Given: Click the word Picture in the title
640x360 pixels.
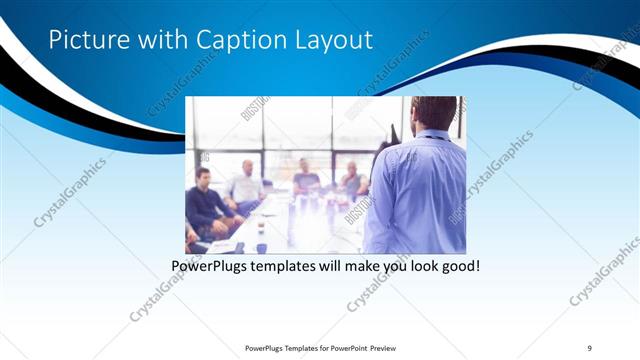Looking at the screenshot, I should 87,40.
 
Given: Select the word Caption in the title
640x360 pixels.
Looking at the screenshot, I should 236,40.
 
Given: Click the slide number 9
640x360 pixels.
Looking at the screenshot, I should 590,348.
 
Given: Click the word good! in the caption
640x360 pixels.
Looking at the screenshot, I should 459,267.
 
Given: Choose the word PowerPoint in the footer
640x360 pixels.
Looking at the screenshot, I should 346,348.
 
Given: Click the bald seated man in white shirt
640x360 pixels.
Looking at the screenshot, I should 244,186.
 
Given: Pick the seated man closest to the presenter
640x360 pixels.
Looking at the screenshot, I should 351,181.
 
